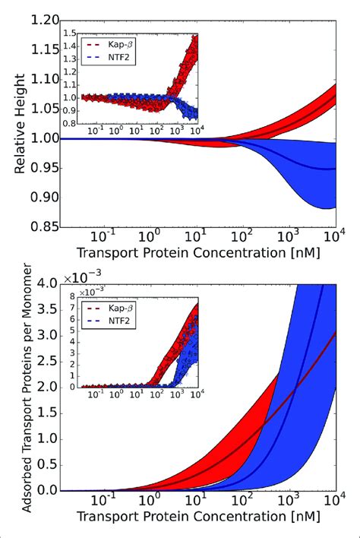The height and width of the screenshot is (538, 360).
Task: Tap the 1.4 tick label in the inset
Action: coord(71,47)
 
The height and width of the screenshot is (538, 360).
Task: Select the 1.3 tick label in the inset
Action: coord(71,59)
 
